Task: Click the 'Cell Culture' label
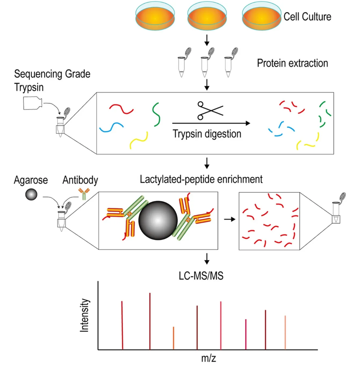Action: point(307,17)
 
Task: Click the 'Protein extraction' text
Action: point(292,64)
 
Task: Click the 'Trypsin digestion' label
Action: point(207,133)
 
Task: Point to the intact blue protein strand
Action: point(111,127)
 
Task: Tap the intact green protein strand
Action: point(156,114)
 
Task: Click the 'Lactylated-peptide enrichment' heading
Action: point(201,179)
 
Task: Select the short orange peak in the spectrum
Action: point(173,338)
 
